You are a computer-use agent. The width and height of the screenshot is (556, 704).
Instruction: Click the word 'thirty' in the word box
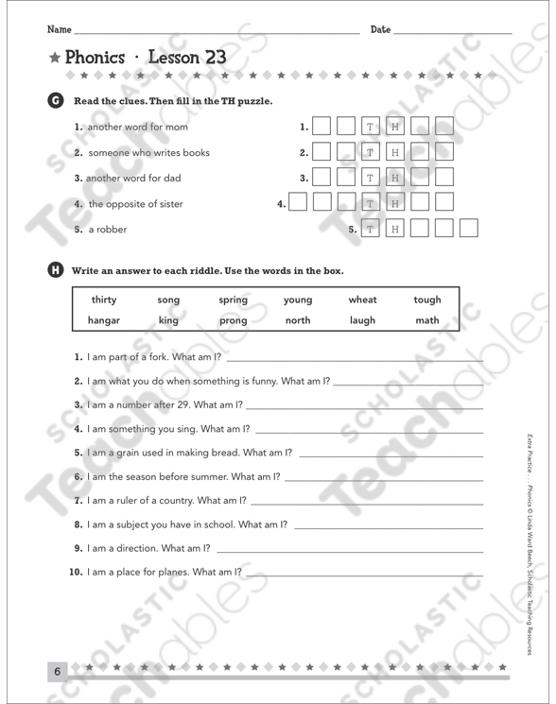coord(103,300)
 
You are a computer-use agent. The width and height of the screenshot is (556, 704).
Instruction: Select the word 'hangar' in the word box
coord(103,320)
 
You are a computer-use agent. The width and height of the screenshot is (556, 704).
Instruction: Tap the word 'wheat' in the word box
coord(362,300)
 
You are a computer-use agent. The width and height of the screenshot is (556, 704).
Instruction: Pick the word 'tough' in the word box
coord(427,300)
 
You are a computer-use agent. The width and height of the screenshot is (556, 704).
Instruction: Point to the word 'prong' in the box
coord(233,321)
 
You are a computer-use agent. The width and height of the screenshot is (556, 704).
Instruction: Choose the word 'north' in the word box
coord(298,320)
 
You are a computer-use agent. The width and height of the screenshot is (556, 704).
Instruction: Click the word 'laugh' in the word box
coord(362,320)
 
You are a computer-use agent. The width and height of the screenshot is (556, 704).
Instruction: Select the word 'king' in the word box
coord(168,320)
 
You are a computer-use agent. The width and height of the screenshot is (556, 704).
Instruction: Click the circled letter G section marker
coord(55,101)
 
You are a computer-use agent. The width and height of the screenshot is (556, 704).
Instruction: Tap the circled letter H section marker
coord(55,271)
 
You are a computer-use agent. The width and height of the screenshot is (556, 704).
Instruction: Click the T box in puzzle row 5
coord(371,229)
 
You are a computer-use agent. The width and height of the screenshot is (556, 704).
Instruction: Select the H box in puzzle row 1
coord(395,127)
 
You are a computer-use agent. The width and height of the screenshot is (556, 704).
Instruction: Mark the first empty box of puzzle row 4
coord(297,203)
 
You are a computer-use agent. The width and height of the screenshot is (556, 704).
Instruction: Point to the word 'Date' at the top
coord(380,30)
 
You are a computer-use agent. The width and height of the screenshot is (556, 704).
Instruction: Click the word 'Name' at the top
coord(59,30)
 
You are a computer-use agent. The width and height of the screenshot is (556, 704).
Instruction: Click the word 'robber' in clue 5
coord(112,229)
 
